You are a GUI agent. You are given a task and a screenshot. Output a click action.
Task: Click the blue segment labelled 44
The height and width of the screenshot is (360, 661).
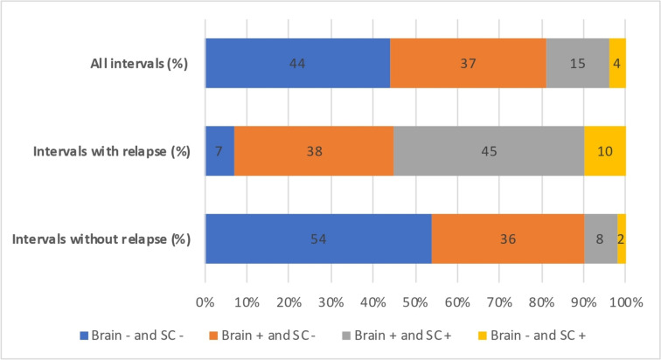coord(297,63)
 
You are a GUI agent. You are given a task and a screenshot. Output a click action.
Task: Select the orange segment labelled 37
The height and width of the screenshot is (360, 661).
coord(468,63)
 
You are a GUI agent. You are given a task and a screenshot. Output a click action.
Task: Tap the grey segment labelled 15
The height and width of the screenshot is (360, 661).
coord(578,63)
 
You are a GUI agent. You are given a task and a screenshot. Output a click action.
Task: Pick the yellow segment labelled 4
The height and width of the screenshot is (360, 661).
coord(617,63)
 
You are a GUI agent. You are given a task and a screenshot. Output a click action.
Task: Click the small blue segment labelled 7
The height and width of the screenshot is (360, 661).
coord(219,151)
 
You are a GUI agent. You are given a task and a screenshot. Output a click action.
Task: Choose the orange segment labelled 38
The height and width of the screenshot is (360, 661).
coord(314,151)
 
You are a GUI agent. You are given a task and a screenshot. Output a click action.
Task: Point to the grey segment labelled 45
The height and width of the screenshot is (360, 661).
coord(489,151)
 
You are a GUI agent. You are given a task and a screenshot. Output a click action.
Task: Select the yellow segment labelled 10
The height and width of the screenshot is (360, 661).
coord(605,151)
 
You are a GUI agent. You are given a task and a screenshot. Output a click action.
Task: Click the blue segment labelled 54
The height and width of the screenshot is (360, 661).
coord(318,239)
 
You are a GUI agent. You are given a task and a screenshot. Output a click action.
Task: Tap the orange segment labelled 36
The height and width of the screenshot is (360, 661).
coord(508,239)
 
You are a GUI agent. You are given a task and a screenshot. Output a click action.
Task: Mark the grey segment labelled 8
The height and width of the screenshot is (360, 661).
coord(601,239)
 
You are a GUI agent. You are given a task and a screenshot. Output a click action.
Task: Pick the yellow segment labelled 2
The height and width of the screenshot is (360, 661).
coord(622,239)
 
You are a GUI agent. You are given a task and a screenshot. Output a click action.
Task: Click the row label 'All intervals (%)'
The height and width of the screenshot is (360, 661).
coord(139,64)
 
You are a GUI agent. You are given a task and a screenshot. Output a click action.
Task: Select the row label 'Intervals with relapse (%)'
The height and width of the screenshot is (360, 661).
coord(112,151)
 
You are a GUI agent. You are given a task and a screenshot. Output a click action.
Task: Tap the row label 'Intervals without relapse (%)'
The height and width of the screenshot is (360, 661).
coord(101,239)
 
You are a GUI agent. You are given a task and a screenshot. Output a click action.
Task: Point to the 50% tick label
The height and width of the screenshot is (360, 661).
coord(415,302)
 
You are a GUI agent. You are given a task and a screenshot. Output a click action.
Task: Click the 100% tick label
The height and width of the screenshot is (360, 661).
coord(626,302)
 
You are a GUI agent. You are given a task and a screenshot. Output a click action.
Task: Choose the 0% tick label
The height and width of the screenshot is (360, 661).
coord(205,302)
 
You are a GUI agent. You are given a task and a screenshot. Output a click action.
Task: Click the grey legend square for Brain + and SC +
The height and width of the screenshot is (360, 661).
coord(346,336)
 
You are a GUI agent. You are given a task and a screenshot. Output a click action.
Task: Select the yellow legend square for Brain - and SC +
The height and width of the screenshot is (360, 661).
coord(483,336)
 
